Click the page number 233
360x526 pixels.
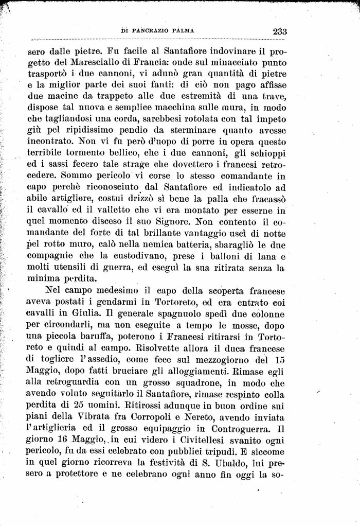(x=279, y=31)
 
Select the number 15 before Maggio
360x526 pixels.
(x=279, y=359)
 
